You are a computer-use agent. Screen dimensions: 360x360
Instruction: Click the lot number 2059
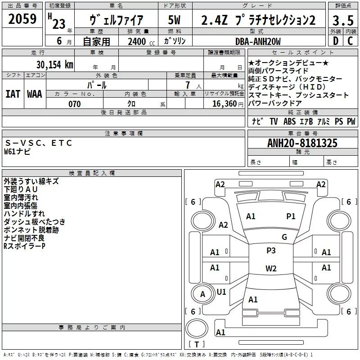(22, 19)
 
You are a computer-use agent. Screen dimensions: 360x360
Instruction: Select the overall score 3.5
(342, 20)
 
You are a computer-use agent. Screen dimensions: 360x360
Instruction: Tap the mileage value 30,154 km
(54, 64)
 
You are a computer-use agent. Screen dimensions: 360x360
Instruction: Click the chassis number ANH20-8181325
(302, 144)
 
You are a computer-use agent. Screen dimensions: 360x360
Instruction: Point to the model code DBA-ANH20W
(258, 41)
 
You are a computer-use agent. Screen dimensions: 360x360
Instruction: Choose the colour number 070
(74, 104)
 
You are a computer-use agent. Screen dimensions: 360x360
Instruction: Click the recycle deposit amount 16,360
(224, 104)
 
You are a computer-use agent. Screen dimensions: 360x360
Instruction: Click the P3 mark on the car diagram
(271, 251)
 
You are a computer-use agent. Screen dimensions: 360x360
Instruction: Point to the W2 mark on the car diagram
(271, 269)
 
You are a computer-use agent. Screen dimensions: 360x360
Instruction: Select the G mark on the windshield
(284, 237)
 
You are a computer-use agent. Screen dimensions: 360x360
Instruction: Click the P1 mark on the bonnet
(291, 216)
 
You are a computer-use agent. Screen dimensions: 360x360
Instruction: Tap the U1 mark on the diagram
(221, 292)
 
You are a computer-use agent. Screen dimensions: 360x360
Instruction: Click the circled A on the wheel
(203, 294)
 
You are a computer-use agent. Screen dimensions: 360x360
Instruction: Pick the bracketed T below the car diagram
(197, 345)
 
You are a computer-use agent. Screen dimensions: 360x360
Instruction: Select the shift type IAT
(13, 94)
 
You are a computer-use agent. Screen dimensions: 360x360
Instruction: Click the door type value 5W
(175, 20)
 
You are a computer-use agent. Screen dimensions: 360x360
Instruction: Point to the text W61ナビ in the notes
(17, 152)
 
